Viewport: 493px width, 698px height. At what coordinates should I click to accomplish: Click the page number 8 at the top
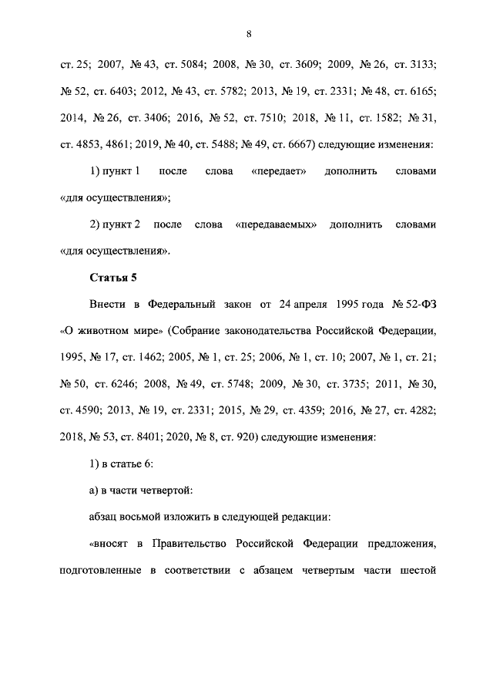tap(249, 34)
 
